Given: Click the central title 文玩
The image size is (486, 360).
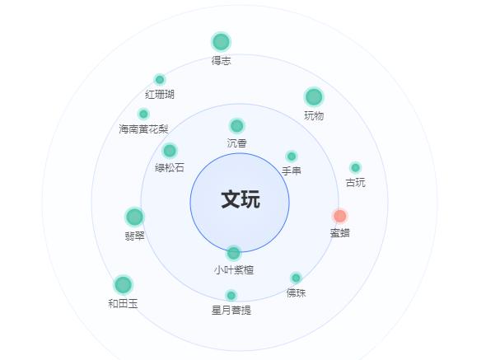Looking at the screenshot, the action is [241, 199].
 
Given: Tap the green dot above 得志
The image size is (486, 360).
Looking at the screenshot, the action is [221, 41].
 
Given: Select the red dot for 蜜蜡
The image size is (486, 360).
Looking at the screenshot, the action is [339, 216].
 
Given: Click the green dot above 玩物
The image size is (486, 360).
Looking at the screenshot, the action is [314, 96].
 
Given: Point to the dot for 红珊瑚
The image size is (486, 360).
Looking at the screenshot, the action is [160, 80].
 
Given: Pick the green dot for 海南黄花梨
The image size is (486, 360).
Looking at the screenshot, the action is [143, 115].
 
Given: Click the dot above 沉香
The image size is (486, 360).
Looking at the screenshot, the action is [236, 126].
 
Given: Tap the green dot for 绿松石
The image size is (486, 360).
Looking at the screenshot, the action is [170, 151].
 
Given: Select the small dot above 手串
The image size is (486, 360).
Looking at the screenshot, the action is [292, 157].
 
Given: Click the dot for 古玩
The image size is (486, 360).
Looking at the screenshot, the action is [355, 168].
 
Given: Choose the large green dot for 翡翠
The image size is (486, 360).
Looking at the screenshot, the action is [134, 217].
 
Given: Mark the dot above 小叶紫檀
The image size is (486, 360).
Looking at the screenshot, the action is [233, 253].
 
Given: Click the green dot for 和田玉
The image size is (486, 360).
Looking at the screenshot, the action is [123, 285].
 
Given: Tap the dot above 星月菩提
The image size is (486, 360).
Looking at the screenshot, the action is [231, 296].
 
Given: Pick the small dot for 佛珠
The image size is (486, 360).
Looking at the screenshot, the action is [296, 278].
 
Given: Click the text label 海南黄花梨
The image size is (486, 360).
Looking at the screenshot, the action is [143, 129].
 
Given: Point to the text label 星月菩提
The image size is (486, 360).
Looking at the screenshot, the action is [231, 310].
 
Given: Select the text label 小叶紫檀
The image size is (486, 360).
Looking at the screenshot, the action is [233, 269].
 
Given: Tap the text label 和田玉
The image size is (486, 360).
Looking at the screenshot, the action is [123, 303].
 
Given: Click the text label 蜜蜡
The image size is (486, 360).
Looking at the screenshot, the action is [339, 232].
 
